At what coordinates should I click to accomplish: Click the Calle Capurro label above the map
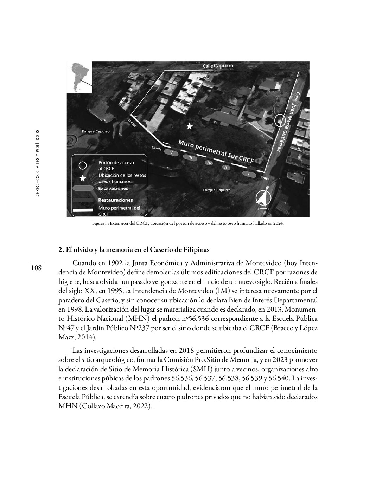pyautogui.click(x=218, y=66)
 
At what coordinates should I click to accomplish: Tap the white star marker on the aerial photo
pyautogui.click(x=190, y=126)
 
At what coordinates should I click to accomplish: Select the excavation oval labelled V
pyautogui.click(x=171, y=153)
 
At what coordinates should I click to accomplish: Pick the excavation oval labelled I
pyautogui.click(x=249, y=174)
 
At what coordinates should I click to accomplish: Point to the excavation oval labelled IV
pyautogui.click(x=209, y=163)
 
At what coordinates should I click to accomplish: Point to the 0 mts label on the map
pyautogui.click(x=265, y=178)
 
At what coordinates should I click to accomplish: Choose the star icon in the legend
pyautogui.click(x=83, y=178)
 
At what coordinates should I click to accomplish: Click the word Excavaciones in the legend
pyautogui.click(x=113, y=188)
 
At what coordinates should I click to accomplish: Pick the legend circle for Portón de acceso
pyautogui.click(x=83, y=165)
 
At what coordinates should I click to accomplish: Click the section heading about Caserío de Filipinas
pyautogui.click(x=134, y=250)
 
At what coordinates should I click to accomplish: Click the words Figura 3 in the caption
pyautogui.click(x=99, y=223)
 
